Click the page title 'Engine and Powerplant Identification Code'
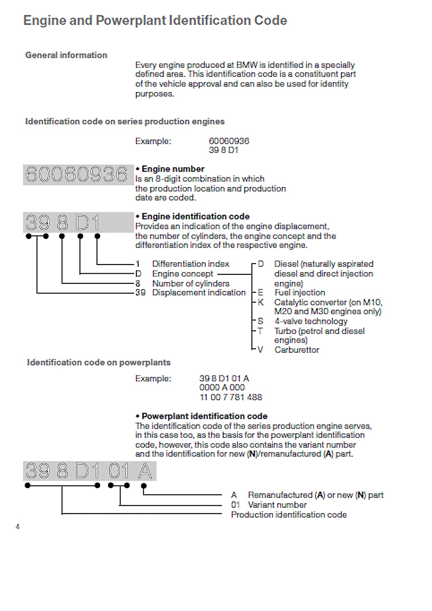point(155,21)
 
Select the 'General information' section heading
point(66,55)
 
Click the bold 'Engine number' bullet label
point(173,169)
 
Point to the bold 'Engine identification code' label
point(195,216)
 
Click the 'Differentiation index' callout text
point(191,264)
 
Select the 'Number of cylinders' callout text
point(191,284)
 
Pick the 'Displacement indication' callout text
point(199,293)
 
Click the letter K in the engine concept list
point(261,302)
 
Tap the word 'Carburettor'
point(296,350)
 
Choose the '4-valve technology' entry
point(310,321)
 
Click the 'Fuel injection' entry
point(299,293)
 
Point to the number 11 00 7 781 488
point(231,397)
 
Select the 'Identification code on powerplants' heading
point(99,362)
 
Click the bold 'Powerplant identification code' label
point(204,416)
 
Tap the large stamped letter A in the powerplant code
point(145,471)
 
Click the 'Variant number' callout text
point(277,505)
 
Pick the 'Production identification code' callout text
point(288,515)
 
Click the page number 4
point(17,527)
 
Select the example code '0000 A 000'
point(222,387)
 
